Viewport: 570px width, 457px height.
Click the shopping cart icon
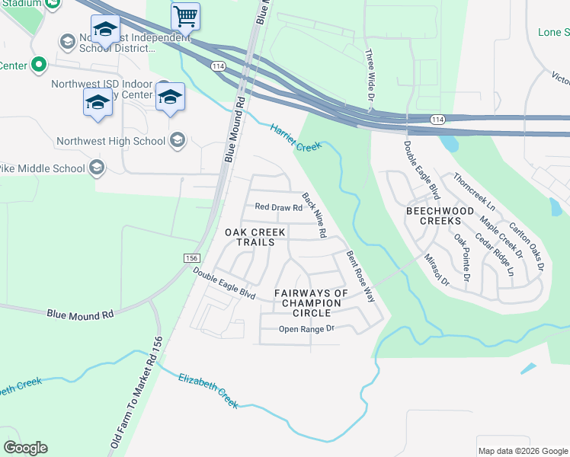(x=185, y=14)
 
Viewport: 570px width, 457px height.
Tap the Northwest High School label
(x=110, y=141)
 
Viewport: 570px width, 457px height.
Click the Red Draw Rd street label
(x=279, y=207)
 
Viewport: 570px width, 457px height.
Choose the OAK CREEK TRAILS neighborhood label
(x=255, y=237)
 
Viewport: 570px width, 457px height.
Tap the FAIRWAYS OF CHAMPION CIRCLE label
(x=311, y=302)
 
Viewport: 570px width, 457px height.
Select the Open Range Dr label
(x=307, y=329)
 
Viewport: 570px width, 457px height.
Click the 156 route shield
(x=192, y=259)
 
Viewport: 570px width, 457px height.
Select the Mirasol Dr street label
(x=437, y=270)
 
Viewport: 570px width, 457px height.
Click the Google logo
(x=25, y=448)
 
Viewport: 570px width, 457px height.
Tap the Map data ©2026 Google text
(x=522, y=451)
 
